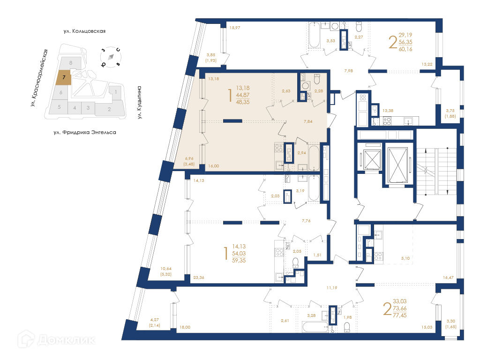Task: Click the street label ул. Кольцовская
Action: click(84, 31)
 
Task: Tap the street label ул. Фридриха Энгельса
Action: click(85, 133)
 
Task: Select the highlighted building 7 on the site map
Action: click(64, 77)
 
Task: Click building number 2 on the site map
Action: click(109, 109)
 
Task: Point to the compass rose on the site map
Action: click(111, 57)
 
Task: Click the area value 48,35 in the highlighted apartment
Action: click(243, 102)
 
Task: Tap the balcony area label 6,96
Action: click(189, 158)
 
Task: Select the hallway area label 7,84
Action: click(308, 121)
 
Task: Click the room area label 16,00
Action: click(214, 166)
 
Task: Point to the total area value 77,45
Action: click(400, 315)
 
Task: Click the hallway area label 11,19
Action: click(332, 288)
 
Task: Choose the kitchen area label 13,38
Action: click(388, 111)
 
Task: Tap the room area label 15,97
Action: click(235, 28)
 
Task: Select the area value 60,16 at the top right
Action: click(405, 49)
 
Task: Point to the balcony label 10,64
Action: click(166, 269)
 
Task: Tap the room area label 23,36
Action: click(199, 277)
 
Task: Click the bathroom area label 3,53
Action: click(330, 41)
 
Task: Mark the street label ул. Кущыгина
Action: click(139, 103)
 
